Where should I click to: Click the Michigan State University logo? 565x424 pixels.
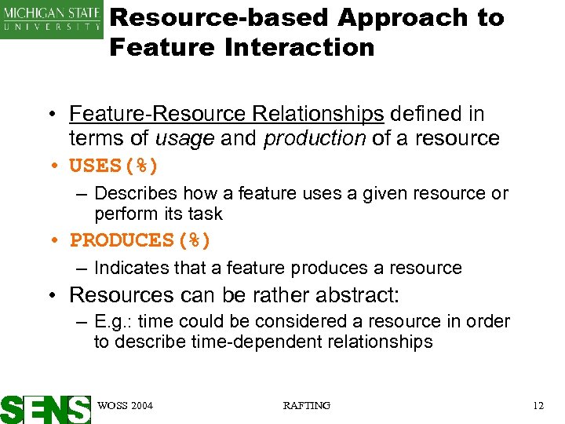click(x=52, y=19)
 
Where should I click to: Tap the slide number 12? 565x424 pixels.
click(x=538, y=405)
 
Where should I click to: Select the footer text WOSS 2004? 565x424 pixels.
click(x=126, y=405)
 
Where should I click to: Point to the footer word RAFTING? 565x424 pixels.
click(x=306, y=405)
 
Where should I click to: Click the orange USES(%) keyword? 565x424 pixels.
click(x=115, y=166)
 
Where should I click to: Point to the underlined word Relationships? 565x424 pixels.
click(x=318, y=115)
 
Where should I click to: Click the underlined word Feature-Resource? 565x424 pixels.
click(x=158, y=115)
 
